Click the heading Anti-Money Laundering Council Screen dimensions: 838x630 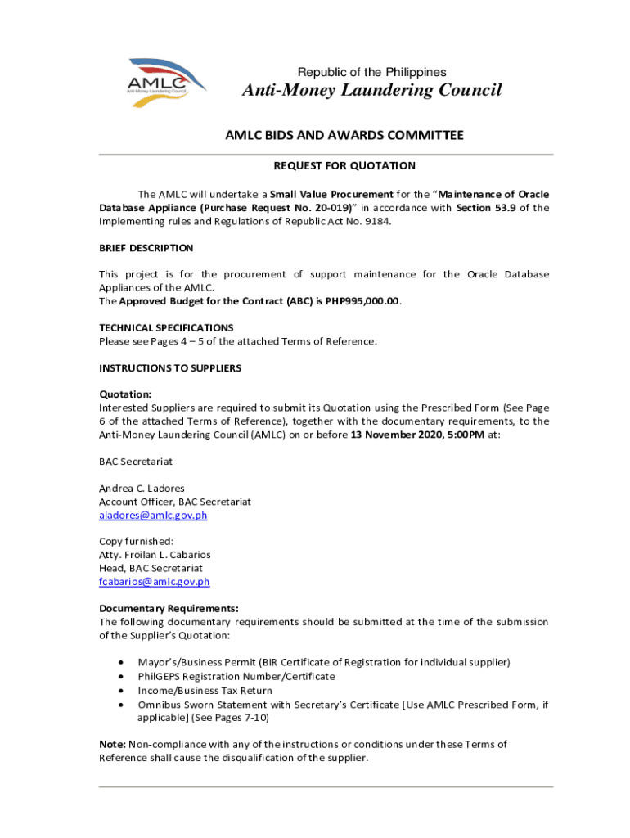pos(371,90)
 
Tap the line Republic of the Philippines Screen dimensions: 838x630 pos(371,72)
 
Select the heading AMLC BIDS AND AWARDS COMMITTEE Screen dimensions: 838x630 pos(344,135)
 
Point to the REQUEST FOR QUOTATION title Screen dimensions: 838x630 pos(344,166)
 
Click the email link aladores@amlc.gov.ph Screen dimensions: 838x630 pos(153,516)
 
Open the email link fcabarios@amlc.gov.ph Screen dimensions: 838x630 pos(155,582)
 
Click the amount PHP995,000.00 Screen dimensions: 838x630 pos(362,301)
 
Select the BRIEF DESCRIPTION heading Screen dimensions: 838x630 pos(146,248)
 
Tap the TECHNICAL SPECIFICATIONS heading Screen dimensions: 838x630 pos(166,327)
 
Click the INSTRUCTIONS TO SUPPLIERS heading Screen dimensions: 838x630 pos(170,368)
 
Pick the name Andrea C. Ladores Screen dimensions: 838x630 pos(142,489)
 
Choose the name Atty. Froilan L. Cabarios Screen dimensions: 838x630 pos(155,555)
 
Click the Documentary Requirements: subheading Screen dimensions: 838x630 pos(169,608)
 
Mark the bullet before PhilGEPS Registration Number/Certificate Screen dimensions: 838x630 pos(122,677)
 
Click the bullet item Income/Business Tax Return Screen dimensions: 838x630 pos(205,691)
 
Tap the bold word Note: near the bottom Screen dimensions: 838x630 pos(112,744)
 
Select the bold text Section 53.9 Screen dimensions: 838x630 pos(486,208)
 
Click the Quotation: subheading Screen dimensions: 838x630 pos(125,394)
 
